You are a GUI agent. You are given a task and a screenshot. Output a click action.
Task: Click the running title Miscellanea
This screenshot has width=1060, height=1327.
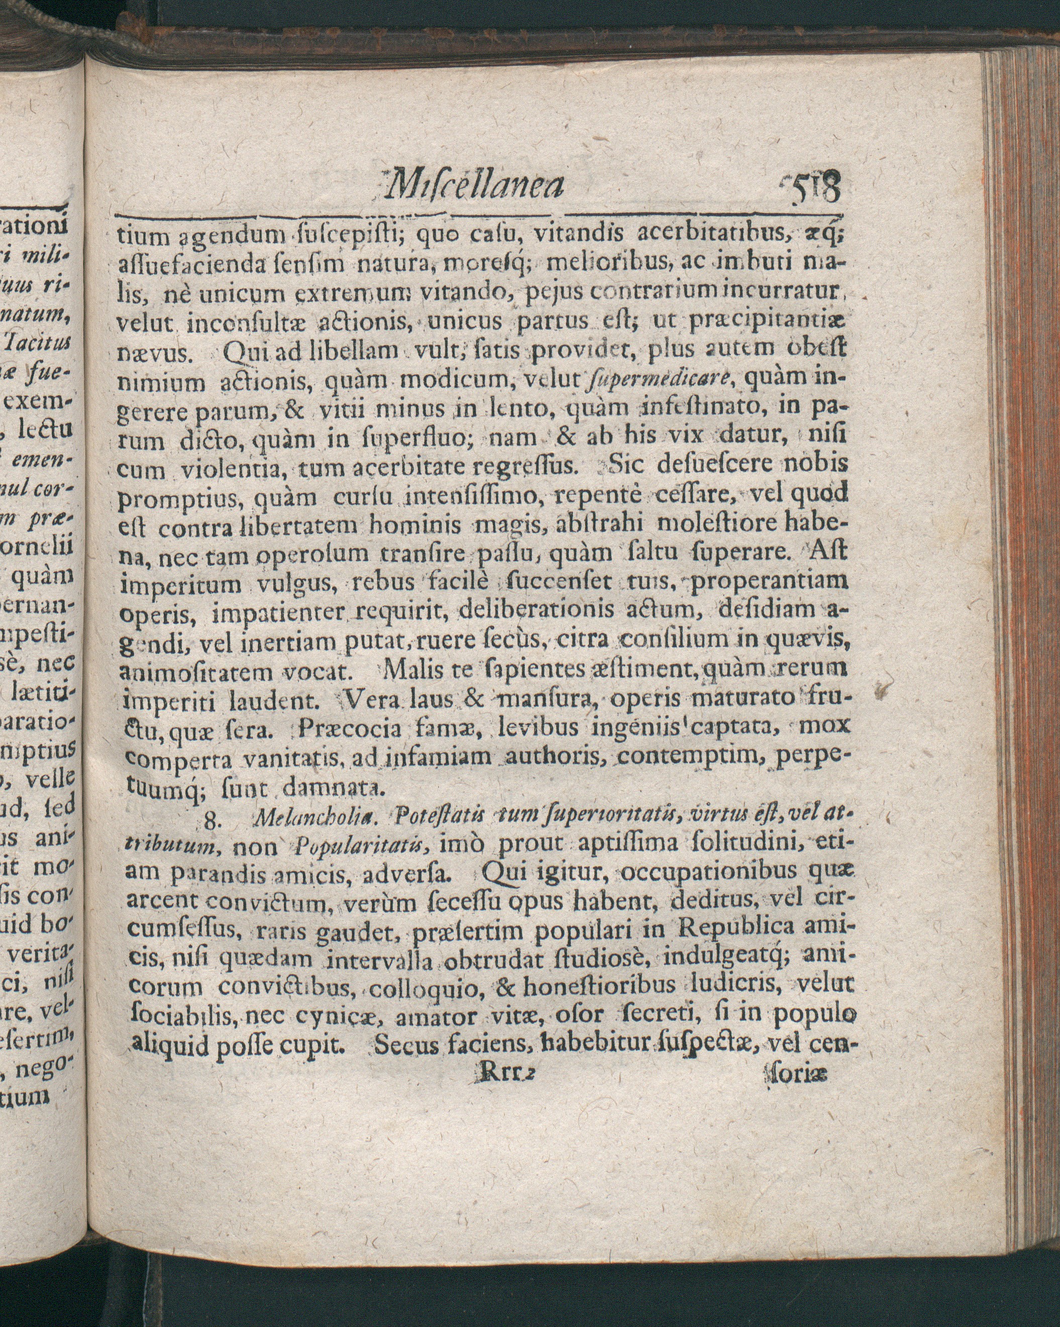(x=472, y=186)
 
